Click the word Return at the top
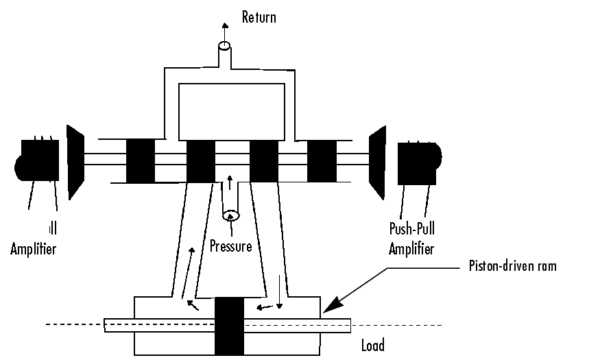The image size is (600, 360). pos(259,16)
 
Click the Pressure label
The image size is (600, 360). pos(230,245)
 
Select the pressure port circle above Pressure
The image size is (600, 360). pos(231,215)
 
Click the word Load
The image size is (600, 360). pos(372,345)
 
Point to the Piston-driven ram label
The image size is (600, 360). pos(512,266)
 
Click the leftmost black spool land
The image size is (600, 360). pos(140,161)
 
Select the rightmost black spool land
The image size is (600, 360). pos(322,161)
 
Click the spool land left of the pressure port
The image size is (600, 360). pos(201,161)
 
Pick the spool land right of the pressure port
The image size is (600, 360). pos(263,161)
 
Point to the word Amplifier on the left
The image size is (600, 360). pos(33,248)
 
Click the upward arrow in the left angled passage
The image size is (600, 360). pos(191,257)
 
